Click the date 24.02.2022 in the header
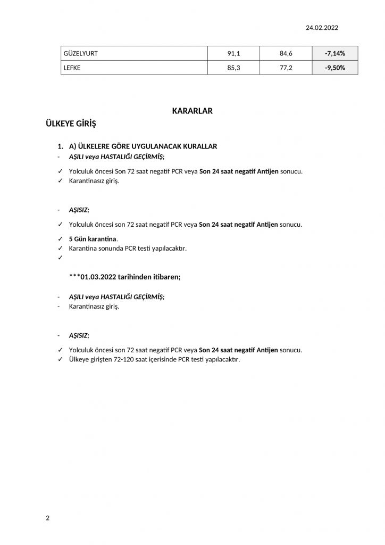coord(322,28)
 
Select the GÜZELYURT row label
coord(80,53)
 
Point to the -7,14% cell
coord(335,53)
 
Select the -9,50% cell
coord(335,68)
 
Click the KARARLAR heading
coord(192,111)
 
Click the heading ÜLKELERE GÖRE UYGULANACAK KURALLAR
coord(143,146)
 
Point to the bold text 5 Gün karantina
coord(93,238)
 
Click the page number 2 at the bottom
coord(48,518)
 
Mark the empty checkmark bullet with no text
coord(60,258)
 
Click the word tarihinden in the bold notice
coord(141,277)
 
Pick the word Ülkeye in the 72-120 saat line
coord(80,360)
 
